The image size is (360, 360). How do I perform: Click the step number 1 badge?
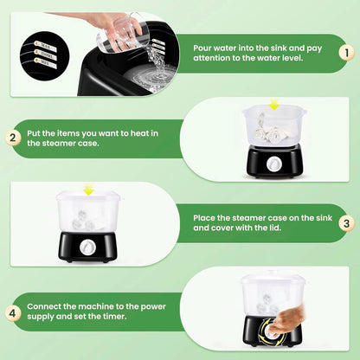tap(346, 53)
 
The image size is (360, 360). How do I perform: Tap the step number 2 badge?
tap(13, 138)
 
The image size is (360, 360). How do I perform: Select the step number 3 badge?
tap(346, 223)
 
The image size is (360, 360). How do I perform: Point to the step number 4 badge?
tap(13, 312)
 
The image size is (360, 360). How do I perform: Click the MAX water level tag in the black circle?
tap(46, 46)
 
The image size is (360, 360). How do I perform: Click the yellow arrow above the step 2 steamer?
tap(273, 104)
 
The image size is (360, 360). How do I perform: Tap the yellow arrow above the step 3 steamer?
tap(87, 189)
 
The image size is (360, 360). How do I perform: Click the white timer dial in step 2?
tap(273, 164)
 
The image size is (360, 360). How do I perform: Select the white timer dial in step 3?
tap(87, 248)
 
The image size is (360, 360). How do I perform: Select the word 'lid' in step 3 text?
tap(274, 228)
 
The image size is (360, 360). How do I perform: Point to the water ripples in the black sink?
tap(150, 77)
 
